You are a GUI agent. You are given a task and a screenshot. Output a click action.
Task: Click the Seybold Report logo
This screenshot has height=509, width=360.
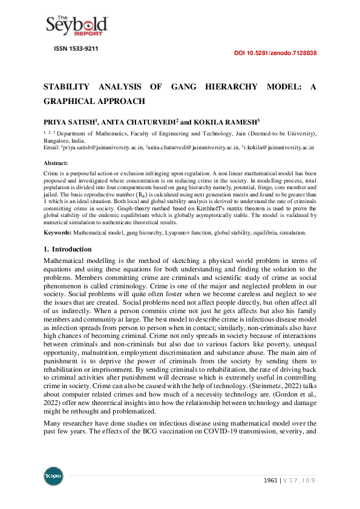[x=77, y=25]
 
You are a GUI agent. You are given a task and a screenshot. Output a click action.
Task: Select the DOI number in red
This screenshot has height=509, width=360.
[x=275, y=53]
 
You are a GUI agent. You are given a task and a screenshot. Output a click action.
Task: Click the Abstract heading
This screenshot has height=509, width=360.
[x=56, y=163]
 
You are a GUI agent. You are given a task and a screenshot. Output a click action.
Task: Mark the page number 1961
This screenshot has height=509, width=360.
[x=270, y=480]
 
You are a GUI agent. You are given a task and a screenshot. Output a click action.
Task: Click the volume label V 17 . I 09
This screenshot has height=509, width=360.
[x=300, y=480]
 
